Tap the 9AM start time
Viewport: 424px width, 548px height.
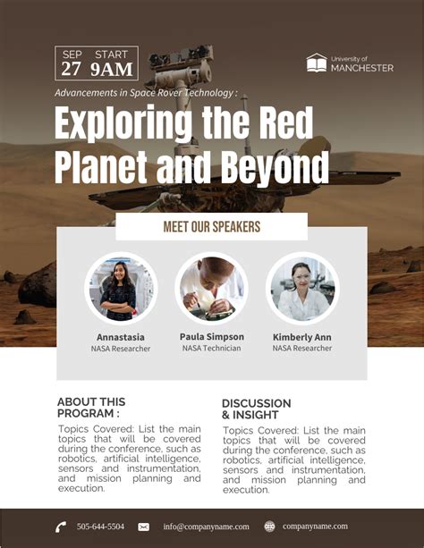click(x=112, y=70)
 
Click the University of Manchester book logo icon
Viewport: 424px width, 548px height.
click(x=316, y=63)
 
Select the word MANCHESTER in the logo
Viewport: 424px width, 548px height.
click(x=361, y=68)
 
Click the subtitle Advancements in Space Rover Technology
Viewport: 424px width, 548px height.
click(x=146, y=93)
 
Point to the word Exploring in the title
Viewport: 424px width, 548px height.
click(x=123, y=123)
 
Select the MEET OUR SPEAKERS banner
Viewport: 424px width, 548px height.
click(x=211, y=226)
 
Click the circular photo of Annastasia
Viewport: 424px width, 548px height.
click(x=121, y=289)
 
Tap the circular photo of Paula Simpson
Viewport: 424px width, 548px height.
click(x=211, y=289)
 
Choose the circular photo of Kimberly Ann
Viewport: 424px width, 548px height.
click(x=302, y=289)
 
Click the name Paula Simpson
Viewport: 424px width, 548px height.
click(x=211, y=337)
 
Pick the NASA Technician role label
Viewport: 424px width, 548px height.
click(x=211, y=349)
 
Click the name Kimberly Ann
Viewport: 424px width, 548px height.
click(x=302, y=337)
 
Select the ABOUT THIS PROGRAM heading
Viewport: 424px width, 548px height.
click(x=91, y=408)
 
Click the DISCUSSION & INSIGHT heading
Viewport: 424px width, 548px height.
click(x=256, y=409)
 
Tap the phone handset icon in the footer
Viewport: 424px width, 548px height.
click(x=61, y=527)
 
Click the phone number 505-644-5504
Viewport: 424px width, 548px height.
click(x=100, y=527)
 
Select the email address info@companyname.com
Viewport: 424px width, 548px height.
click(x=206, y=527)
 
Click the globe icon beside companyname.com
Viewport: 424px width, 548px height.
click(x=269, y=527)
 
